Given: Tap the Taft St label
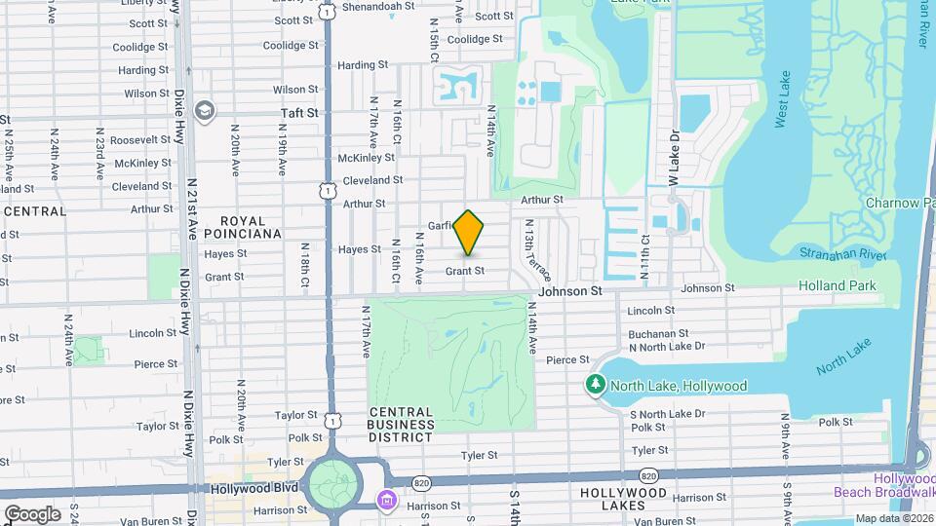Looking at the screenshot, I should (299, 113).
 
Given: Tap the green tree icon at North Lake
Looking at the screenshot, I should (596, 386).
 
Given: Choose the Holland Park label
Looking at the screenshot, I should (837, 285).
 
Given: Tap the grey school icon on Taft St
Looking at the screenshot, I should (204, 110).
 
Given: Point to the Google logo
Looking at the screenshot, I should (32, 513).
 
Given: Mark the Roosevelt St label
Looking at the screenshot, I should (140, 140).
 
